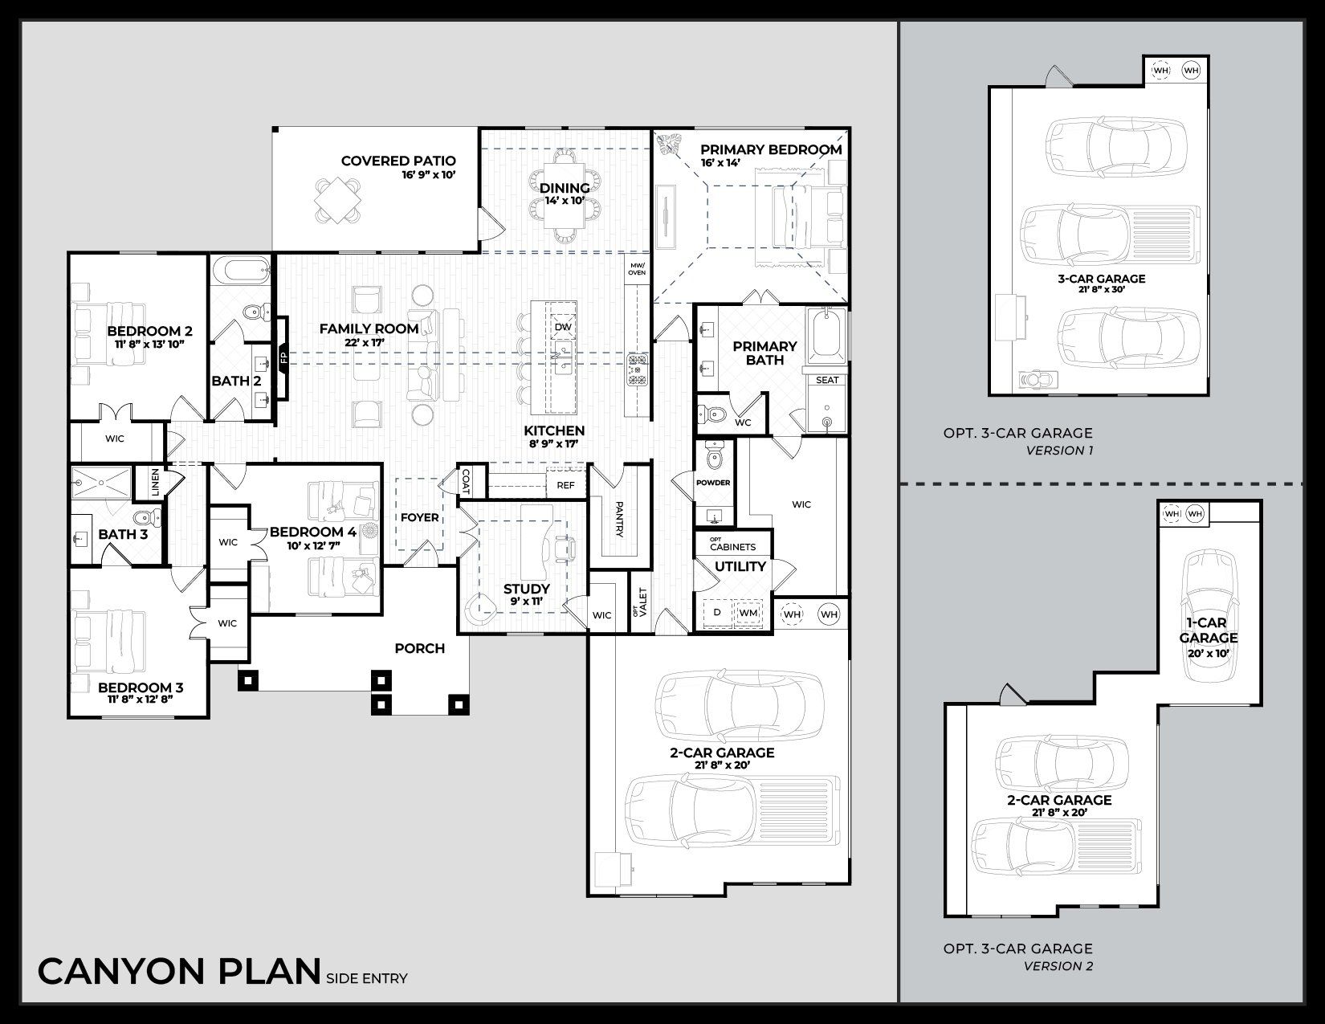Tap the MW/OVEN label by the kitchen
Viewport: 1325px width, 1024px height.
point(637,269)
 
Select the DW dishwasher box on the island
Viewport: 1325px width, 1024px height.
point(562,327)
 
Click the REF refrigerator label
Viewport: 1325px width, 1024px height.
point(565,485)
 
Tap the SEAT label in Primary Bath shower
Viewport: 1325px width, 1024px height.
point(827,380)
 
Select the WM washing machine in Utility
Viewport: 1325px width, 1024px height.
point(748,613)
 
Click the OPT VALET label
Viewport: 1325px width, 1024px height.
point(640,601)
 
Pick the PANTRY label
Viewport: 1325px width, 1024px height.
point(619,520)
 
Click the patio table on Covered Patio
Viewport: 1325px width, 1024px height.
point(337,198)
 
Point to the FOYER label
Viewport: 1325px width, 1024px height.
point(419,517)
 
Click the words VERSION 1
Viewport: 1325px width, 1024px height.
point(1059,451)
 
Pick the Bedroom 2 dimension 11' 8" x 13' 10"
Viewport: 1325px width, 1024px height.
point(149,345)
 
